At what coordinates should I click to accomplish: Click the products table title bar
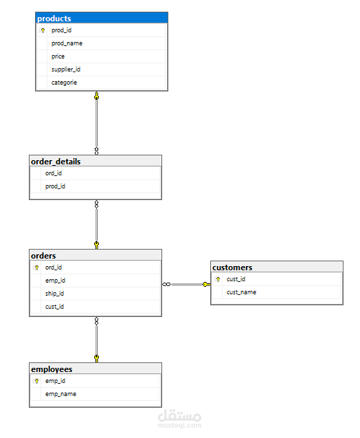point(101,19)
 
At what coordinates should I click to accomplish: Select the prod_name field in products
point(67,43)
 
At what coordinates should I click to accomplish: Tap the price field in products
point(58,56)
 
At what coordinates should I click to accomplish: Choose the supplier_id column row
point(66,69)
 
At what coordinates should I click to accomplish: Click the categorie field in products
point(64,83)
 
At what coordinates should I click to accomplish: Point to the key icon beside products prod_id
point(43,31)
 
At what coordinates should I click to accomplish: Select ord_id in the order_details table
point(54,173)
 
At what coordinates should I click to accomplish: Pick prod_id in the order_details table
point(55,186)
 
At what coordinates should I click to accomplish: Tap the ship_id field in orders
point(55,294)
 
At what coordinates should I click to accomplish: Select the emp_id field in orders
point(55,281)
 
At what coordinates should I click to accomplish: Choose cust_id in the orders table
point(55,307)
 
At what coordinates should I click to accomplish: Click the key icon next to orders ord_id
point(36,267)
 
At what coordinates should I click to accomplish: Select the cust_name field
point(241,292)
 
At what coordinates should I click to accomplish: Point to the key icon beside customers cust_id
point(218,279)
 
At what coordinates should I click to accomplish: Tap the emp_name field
point(60,394)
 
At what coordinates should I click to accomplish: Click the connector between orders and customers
point(186,284)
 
